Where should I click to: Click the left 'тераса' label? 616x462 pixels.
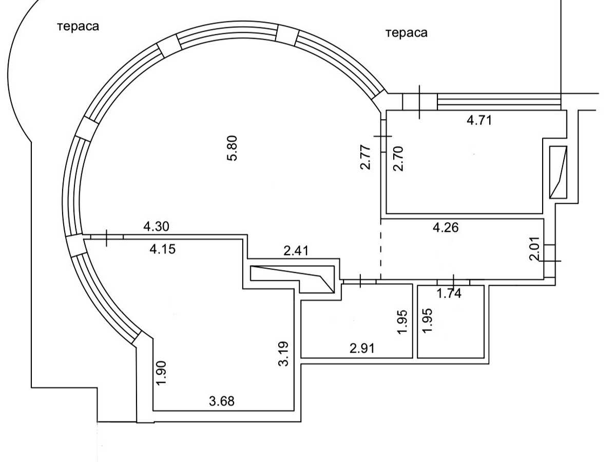pyautogui.click(x=78, y=27)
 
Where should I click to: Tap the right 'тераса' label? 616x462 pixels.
pyautogui.click(x=407, y=33)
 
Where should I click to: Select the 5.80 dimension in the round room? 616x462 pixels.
pyautogui.click(x=233, y=148)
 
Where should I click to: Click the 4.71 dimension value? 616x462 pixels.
pyautogui.click(x=479, y=120)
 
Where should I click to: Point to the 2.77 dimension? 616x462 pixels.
pyautogui.click(x=365, y=157)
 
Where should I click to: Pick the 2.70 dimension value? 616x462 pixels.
pyautogui.click(x=398, y=159)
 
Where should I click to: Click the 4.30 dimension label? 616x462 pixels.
pyautogui.click(x=157, y=226)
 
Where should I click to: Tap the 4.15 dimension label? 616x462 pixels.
pyautogui.click(x=163, y=249)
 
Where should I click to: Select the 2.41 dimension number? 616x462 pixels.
pyautogui.click(x=296, y=251)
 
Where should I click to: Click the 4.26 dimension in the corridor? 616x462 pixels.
pyautogui.click(x=446, y=227)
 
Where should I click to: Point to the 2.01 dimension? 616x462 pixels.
pyautogui.click(x=534, y=249)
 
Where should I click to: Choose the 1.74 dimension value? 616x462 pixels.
pyautogui.click(x=449, y=294)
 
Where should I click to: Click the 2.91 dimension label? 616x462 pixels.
pyautogui.click(x=362, y=349)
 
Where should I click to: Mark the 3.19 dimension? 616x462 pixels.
pyautogui.click(x=283, y=354)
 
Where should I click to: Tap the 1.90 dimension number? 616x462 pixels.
pyautogui.click(x=161, y=373)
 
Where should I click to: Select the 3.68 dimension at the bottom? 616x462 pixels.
pyautogui.click(x=222, y=401)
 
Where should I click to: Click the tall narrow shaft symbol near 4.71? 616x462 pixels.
pyautogui.click(x=558, y=172)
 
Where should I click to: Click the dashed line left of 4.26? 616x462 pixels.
pyautogui.click(x=381, y=249)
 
